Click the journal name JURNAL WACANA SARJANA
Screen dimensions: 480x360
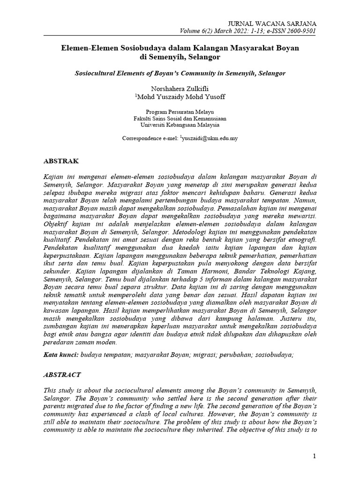271,23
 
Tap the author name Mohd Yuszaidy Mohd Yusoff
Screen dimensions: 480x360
181,97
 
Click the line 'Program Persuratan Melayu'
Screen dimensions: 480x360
180,112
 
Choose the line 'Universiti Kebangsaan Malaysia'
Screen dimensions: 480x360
180,125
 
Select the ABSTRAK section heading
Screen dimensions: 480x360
61,161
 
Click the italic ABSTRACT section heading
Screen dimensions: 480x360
62,375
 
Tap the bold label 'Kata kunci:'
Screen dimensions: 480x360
60,355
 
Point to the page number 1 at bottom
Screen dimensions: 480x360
315,456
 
